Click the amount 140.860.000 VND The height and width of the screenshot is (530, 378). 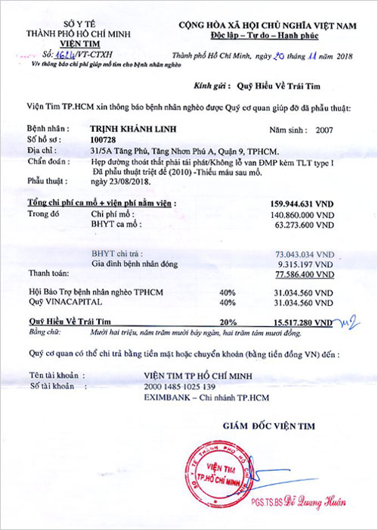click(x=302, y=214)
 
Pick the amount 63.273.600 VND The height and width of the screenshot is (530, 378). click(x=304, y=225)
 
